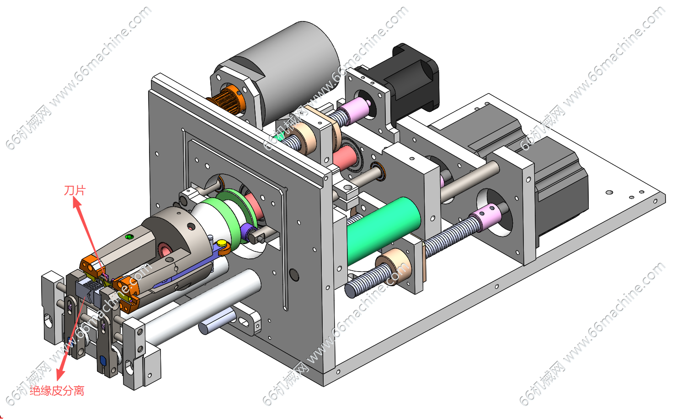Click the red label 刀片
[x=75, y=191]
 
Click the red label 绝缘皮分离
[x=57, y=391]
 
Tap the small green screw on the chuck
[x=129, y=236]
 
